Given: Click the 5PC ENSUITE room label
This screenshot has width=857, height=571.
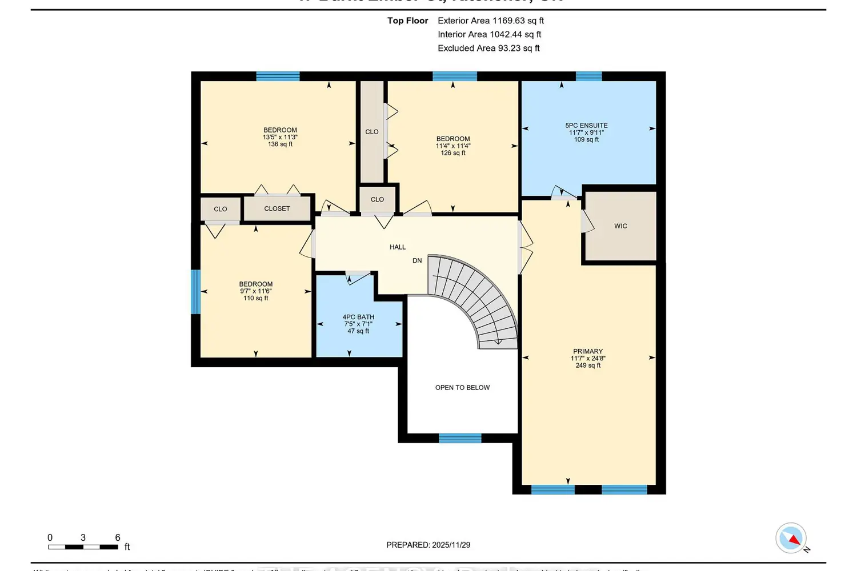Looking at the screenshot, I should click(x=586, y=126).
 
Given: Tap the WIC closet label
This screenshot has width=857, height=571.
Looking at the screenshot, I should click(x=620, y=226).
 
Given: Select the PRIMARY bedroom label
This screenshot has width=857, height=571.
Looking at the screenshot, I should click(x=588, y=352).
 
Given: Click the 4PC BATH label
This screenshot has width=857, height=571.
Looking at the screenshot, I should click(x=358, y=317).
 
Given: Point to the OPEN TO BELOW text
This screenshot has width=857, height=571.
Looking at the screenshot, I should click(x=462, y=388).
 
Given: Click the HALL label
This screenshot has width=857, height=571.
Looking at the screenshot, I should click(x=398, y=247).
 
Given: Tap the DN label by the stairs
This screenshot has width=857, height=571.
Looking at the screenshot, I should click(x=417, y=260).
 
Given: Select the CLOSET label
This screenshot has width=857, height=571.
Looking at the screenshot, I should click(x=277, y=209).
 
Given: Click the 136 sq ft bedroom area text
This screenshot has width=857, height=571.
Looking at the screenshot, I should click(x=280, y=144).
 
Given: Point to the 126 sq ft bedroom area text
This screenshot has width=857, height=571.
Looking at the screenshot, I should click(x=453, y=153).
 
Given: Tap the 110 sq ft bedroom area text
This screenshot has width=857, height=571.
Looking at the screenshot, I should click(x=256, y=298).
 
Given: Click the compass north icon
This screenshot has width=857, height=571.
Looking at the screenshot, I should click(x=792, y=538).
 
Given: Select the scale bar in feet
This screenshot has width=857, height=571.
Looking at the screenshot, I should click(x=83, y=546).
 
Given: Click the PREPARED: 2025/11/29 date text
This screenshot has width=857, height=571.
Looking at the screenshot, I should click(x=428, y=545).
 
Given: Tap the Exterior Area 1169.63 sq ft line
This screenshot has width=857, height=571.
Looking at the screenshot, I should click(x=490, y=21).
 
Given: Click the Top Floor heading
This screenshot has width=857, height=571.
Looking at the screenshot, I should click(x=407, y=21).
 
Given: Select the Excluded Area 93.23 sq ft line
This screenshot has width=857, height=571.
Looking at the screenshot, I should click(x=488, y=49).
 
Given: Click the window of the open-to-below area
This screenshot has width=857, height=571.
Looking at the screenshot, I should click(x=460, y=438).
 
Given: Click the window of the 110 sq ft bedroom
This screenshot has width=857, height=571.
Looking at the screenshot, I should click(x=196, y=291).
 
